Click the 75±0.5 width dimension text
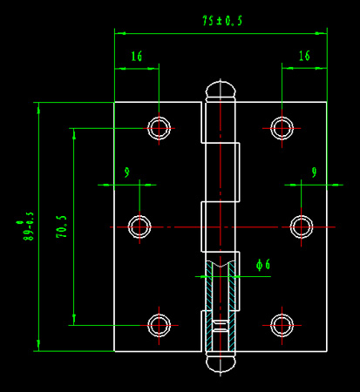(222, 21)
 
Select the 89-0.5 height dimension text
(28, 226)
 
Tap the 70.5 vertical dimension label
(62, 226)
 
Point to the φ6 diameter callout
(263, 265)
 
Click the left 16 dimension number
(137, 57)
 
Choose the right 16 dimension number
(304, 56)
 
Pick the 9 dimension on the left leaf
(126, 172)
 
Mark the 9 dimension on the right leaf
(314, 172)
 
